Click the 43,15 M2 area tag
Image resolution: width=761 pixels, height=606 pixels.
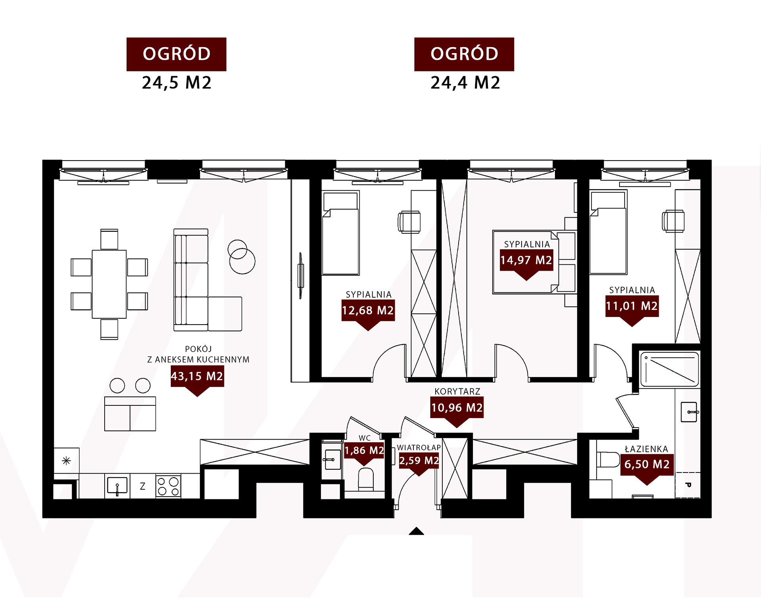[197, 376]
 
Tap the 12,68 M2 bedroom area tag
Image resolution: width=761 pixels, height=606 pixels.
[368, 310]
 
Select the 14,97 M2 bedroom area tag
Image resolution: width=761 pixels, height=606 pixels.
[526, 260]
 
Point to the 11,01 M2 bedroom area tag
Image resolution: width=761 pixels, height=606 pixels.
[632, 306]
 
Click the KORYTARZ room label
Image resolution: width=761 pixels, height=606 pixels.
[457, 392]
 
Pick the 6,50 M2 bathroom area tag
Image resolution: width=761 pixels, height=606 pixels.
[647, 465]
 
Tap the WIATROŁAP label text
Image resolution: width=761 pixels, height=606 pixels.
[419, 447]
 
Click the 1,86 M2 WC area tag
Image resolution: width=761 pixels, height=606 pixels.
[364, 451]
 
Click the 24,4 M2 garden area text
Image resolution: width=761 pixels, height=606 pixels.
[465, 83]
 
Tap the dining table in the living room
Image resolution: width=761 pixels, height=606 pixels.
[109, 284]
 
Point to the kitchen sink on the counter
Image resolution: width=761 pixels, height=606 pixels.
[117, 486]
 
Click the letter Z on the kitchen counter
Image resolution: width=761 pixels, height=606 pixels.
[143, 486]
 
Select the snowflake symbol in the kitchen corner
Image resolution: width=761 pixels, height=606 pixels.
[66, 461]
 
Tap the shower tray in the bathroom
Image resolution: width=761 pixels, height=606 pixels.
[669, 369]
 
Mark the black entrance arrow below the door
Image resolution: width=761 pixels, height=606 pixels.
[416, 531]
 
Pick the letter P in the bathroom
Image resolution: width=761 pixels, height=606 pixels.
[688, 485]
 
